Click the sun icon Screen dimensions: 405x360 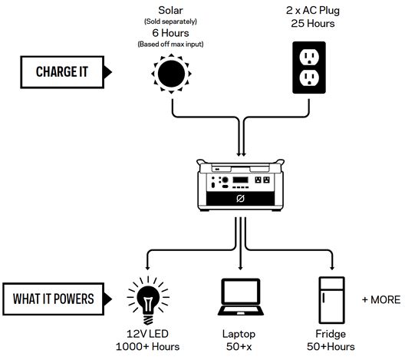(171, 74)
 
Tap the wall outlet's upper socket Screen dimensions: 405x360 (309, 57)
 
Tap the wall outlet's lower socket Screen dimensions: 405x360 (309, 78)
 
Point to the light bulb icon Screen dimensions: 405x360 (148, 300)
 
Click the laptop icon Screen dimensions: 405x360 (241, 297)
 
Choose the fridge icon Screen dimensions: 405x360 (331, 300)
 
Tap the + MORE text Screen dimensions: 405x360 (381, 300)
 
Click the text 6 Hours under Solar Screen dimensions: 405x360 (170, 33)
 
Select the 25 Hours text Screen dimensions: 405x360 (313, 24)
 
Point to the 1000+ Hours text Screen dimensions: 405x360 (147, 346)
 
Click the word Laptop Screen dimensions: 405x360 (239, 334)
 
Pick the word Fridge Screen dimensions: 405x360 (331, 334)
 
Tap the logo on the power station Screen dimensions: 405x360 (241, 199)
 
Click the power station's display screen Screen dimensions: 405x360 (241, 180)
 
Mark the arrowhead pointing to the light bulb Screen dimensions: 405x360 (147, 267)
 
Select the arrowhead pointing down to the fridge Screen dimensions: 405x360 (332, 267)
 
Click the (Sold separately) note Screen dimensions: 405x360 (170, 21)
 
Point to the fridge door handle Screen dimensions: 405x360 (323, 298)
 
